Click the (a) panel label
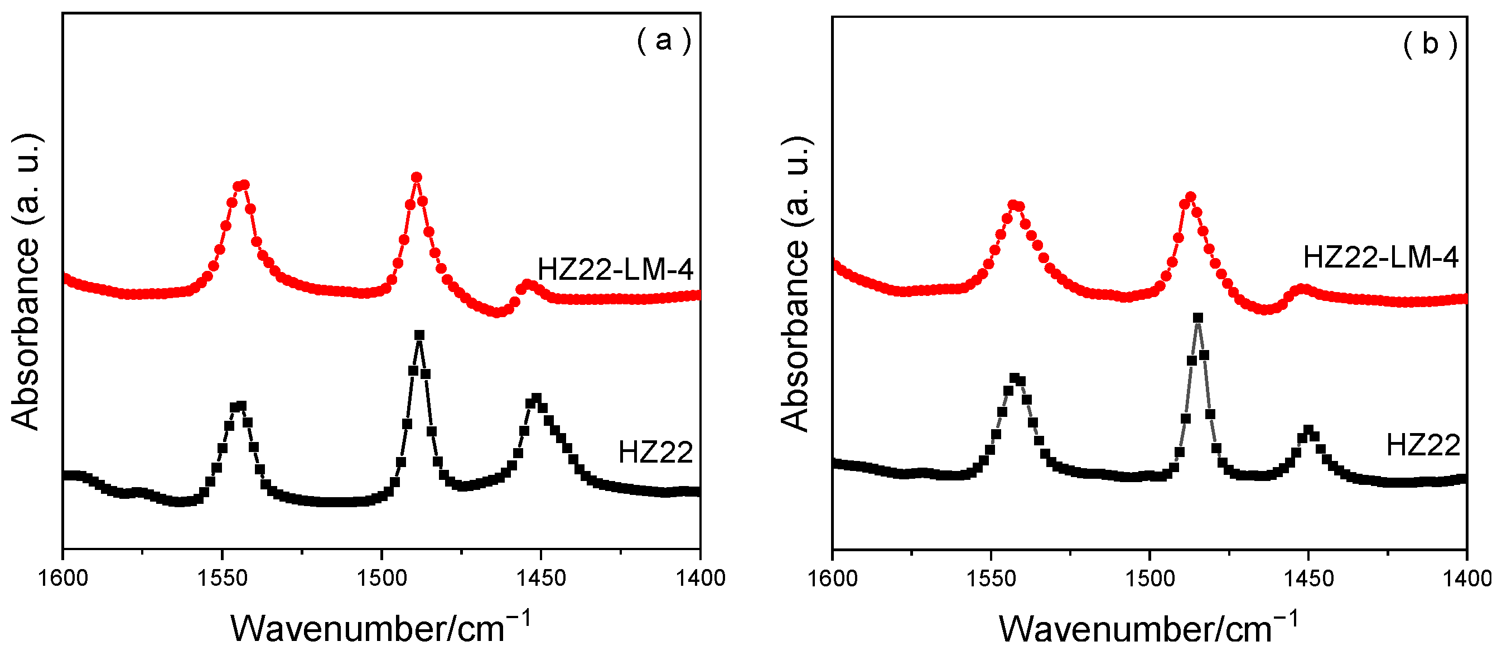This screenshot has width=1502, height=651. point(664,41)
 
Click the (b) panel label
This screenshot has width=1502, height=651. point(1429,44)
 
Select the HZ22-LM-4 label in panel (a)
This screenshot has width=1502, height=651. point(615,269)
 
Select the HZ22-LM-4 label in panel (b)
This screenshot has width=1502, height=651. point(1380,257)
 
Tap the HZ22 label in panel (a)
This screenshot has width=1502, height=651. point(655,452)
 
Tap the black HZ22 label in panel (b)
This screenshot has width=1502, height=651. point(1423,445)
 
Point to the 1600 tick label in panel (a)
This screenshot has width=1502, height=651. point(63,578)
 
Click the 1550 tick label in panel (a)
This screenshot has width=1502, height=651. point(222,578)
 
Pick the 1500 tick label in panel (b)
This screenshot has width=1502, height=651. point(1148,578)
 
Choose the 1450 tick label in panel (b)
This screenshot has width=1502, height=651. point(1308,578)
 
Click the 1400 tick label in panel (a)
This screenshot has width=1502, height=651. point(701,578)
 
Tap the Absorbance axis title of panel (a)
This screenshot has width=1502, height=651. point(26,283)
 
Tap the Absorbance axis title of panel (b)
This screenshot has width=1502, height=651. point(795,284)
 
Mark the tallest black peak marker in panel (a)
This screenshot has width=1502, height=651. point(419,335)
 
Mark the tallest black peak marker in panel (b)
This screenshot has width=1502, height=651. point(1198,318)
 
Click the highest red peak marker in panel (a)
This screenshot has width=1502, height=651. point(416,177)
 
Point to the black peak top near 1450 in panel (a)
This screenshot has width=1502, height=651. point(537,398)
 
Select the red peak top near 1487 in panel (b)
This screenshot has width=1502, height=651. point(1191,197)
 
